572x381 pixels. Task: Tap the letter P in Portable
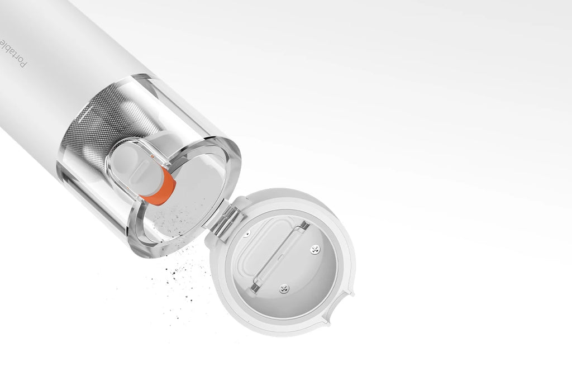[x=22, y=64]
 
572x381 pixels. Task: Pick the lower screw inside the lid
[x=284, y=289]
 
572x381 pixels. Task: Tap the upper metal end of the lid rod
[x=304, y=226]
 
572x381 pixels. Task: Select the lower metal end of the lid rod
[x=255, y=287]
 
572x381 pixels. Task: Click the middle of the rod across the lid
[x=279, y=256]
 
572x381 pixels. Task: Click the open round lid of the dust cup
[x=282, y=263]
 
